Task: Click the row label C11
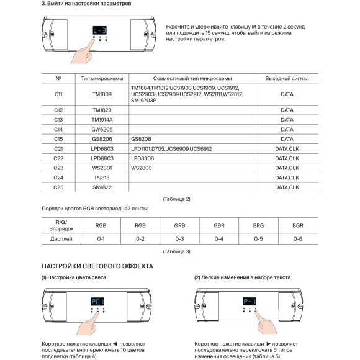(x=58, y=94)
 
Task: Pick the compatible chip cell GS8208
(x=142, y=139)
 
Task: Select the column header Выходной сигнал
(x=287, y=79)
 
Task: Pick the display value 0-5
(x=258, y=238)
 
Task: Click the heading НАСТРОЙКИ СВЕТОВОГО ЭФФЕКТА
(x=97, y=266)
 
